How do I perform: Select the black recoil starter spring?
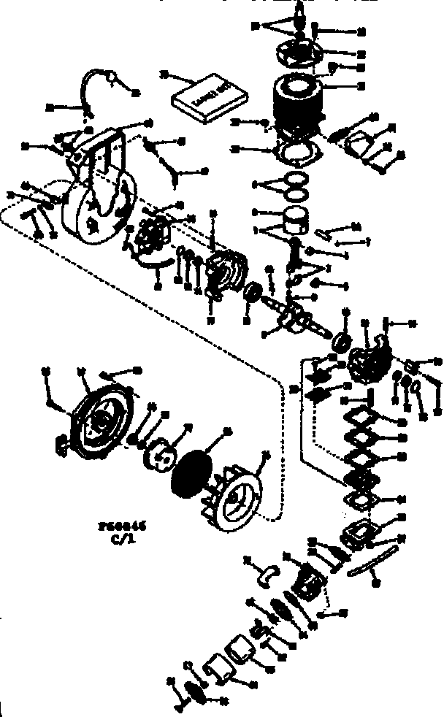(x=191, y=469)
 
